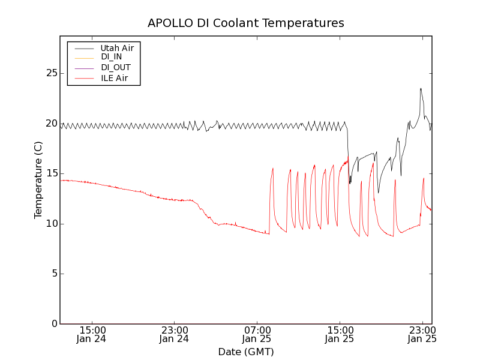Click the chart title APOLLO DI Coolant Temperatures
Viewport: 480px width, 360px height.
246,23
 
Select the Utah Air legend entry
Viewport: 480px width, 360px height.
117,47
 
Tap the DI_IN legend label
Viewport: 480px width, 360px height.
112,57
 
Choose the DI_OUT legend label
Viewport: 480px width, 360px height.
116,68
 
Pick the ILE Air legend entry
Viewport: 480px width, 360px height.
114,78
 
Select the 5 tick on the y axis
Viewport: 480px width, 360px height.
53,274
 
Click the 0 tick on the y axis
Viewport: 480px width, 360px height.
53,324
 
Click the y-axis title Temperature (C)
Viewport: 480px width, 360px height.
38,180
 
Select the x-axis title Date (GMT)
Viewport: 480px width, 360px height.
246,352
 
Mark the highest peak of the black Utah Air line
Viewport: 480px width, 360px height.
421,89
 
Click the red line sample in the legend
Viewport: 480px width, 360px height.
84,78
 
